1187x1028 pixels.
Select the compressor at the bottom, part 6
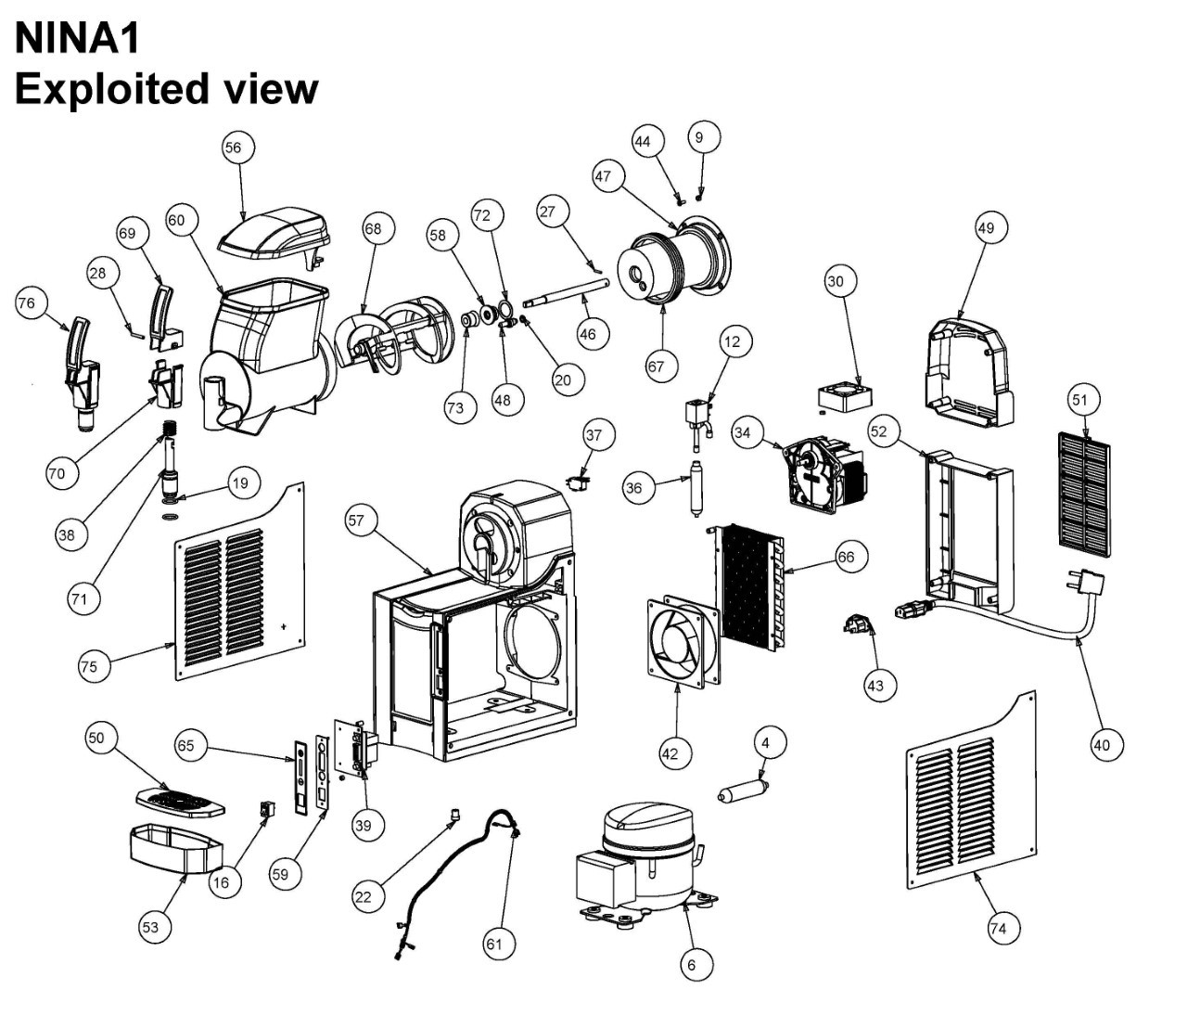[645, 858]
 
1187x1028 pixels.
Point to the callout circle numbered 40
[1102, 744]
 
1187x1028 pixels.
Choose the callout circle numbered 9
[699, 137]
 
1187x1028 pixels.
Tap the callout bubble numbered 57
[357, 521]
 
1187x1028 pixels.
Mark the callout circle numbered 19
[240, 483]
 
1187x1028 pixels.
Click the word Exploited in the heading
[110, 89]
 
